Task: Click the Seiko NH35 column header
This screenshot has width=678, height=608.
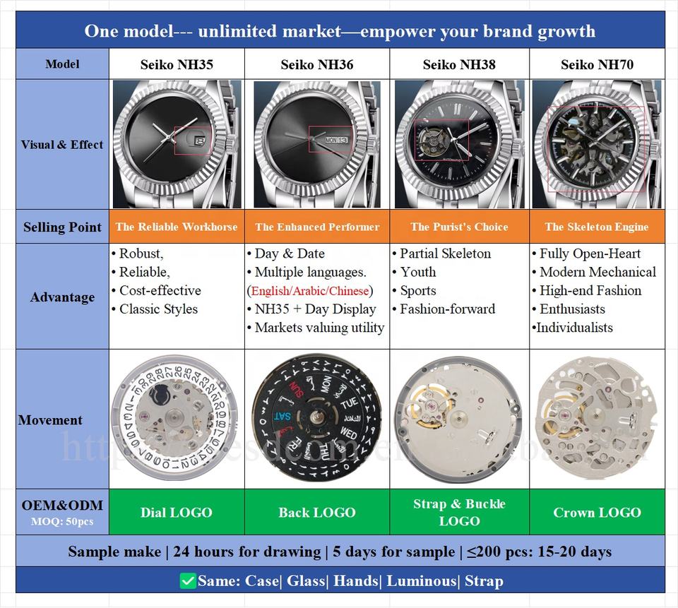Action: tap(176, 65)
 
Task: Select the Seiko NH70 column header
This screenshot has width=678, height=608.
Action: tap(597, 65)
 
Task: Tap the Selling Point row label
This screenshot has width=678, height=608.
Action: tap(62, 227)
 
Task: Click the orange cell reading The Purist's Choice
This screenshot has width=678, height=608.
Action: tap(459, 227)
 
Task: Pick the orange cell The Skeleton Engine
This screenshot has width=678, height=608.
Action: tap(597, 227)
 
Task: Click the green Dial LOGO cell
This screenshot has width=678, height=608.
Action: tap(176, 513)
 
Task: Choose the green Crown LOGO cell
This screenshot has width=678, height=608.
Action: tap(597, 513)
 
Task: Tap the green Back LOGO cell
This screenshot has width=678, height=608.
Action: tap(317, 513)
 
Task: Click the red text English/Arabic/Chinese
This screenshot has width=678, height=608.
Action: tap(310, 291)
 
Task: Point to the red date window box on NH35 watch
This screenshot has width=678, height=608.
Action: tap(192, 140)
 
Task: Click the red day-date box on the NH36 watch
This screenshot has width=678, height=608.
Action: tap(329, 139)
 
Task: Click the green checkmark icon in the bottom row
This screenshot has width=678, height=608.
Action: tap(188, 581)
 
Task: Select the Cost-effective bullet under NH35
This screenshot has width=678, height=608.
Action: tap(160, 291)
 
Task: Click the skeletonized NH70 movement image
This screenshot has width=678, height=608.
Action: tap(597, 419)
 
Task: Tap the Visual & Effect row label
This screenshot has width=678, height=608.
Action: tap(62, 145)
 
